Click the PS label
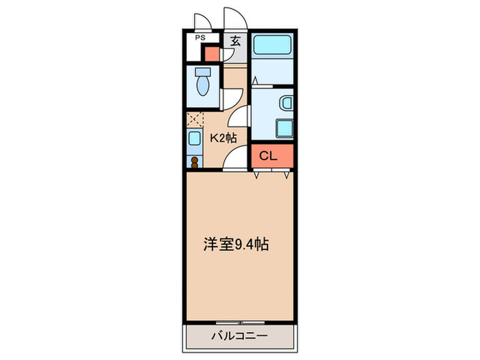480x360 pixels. coord(201,38)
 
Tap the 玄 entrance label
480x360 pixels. coord(235,41)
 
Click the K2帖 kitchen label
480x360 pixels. coord(223,137)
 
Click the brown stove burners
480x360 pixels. coord(194,163)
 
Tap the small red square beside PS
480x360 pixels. coord(211,53)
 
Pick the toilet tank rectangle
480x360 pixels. coord(203,72)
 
